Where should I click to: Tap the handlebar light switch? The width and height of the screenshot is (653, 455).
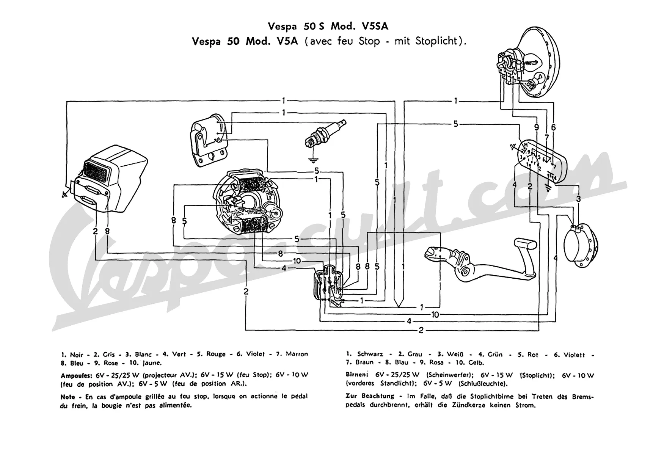[x=542, y=161]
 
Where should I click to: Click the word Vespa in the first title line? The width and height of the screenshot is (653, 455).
[x=282, y=26]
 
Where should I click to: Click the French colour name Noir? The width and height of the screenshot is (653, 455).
[x=77, y=355]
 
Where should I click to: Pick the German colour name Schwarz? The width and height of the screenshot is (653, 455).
[x=370, y=354]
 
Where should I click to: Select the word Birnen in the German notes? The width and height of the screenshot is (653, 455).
[x=357, y=375]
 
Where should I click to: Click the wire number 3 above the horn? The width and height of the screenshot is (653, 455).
[x=578, y=199]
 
